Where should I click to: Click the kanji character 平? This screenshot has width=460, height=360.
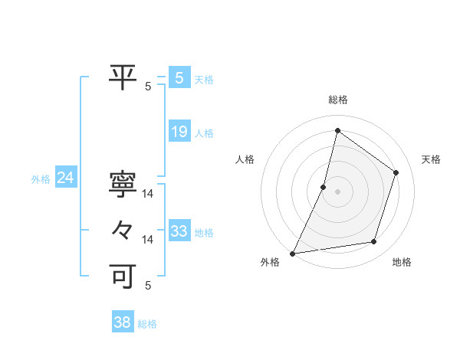(x=123, y=75)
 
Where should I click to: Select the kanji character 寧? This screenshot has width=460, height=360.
(x=123, y=184)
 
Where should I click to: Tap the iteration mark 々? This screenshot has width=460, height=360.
(x=123, y=229)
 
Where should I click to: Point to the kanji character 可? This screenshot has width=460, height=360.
(x=123, y=274)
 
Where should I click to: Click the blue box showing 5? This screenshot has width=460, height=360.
(x=179, y=77)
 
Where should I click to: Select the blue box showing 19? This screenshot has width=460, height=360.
(x=179, y=132)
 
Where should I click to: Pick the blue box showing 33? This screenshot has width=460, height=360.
(x=179, y=231)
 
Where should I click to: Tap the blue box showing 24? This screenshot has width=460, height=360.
(x=65, y=178)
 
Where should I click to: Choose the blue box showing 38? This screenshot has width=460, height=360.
(x=122, y=322)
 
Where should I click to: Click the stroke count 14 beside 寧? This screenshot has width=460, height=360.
(x=148, y=194)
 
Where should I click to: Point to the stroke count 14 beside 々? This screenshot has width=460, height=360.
(x=148, y=240)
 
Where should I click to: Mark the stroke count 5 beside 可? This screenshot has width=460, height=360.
(x=148, y=286)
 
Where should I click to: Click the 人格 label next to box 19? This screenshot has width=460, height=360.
(x=204, y=133)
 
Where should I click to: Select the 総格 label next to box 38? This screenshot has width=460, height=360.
(x=147, y=324)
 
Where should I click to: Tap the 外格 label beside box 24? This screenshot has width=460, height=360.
(x=41, y=179)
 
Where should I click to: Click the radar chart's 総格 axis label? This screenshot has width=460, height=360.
(x=337, y=100)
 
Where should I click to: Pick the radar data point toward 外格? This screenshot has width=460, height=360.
(x=292, y=253)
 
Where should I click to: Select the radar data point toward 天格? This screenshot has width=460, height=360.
(x=396, y=172)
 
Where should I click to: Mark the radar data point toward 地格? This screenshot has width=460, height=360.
(x=374, y=242)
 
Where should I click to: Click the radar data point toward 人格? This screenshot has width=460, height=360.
(x=324, y=187)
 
